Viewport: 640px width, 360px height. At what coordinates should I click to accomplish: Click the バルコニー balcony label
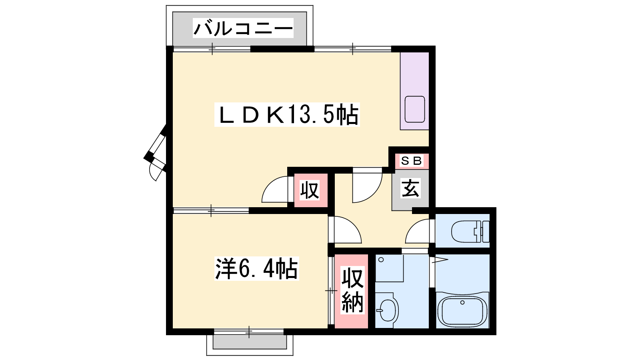243,28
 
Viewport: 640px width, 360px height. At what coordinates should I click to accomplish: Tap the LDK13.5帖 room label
287,114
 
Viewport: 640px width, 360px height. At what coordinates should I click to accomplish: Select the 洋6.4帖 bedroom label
256,268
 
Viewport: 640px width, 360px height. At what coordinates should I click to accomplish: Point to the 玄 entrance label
410,188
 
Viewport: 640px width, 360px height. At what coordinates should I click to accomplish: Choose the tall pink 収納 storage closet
352,291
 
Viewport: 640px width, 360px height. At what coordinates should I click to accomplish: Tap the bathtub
462,310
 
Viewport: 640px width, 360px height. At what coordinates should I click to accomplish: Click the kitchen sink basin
415,110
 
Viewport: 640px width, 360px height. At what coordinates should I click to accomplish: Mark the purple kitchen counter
414,91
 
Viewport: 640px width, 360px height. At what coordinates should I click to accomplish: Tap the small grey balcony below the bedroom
250,342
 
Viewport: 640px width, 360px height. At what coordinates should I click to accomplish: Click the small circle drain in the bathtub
462,302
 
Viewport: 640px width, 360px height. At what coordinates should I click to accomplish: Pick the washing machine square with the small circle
389,268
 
